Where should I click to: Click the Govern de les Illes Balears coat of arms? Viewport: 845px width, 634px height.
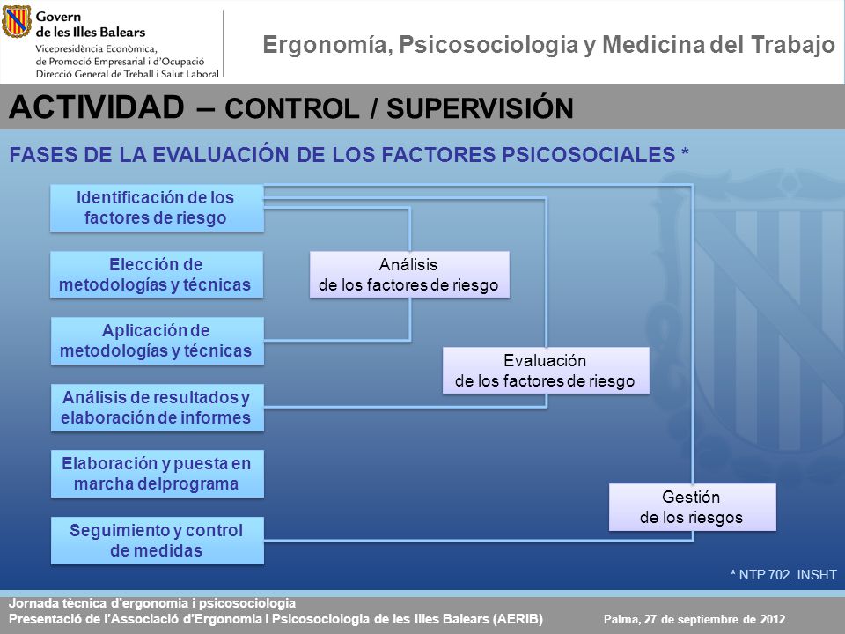tap(17, 21)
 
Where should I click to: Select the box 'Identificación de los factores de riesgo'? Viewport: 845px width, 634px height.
tap(157, 208)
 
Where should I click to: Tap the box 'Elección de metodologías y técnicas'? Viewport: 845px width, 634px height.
tap(157, 275)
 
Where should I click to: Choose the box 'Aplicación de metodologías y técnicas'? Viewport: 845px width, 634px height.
tap(158, 341)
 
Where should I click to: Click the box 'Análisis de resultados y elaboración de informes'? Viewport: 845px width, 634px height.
tap(158, 408)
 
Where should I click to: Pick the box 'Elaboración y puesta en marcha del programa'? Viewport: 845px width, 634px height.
tap(158, 474)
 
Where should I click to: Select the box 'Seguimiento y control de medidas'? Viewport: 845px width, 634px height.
tap(158, 541)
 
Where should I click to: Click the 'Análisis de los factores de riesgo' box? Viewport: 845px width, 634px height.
tap(409, 275)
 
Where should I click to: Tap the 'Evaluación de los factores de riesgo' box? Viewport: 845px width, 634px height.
tap(546, 371)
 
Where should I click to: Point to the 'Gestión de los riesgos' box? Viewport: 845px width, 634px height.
tap(693, 507)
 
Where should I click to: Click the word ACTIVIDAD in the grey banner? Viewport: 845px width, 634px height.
tap(97, 107)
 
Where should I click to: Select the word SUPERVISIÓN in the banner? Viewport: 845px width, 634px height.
tap(481, 107)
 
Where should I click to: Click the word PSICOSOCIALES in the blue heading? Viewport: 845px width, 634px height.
tap(589, 155)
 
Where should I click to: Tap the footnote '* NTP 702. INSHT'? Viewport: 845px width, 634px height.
tap(783, 575)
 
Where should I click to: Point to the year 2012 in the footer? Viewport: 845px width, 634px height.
tap(773, 619)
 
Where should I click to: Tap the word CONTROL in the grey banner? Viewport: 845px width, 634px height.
tap(292, 108)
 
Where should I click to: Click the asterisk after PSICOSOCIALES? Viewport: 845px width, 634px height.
tap(685, 151)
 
